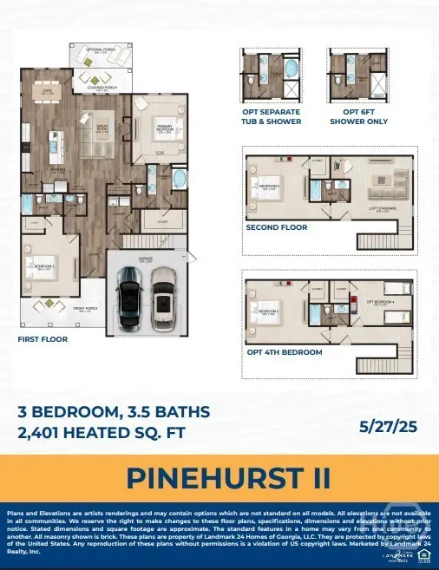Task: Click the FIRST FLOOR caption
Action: [43, 339]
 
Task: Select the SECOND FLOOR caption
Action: [277, 227]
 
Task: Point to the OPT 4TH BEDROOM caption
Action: [283, 352]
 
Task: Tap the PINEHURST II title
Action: [219, 478]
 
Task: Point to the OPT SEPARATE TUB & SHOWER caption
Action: [272, 116]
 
